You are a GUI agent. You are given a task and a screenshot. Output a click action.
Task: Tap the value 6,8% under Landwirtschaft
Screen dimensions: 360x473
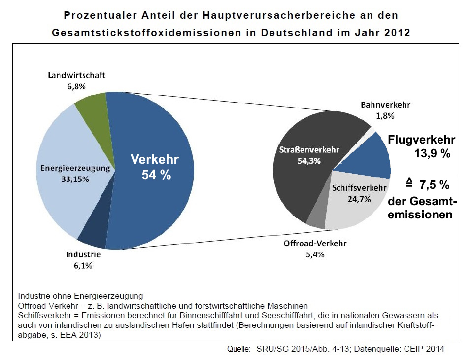76,86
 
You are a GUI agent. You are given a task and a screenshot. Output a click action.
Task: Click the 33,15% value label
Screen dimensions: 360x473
75,179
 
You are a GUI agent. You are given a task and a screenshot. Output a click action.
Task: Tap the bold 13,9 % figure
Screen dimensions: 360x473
432,154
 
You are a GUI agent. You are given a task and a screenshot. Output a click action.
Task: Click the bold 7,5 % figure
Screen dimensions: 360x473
434,185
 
